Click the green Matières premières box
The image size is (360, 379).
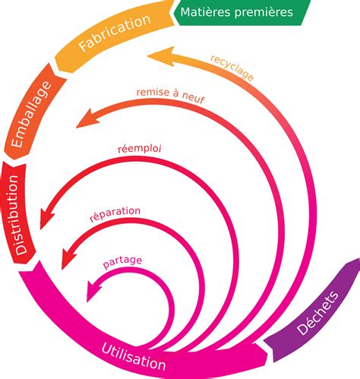[242, 13]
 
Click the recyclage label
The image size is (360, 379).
[232, 67]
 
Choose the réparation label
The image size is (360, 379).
[116, 213]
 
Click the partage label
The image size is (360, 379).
[123, 262]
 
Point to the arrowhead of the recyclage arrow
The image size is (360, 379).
[155, 55]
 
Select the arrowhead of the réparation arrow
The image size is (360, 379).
[67, 258]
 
